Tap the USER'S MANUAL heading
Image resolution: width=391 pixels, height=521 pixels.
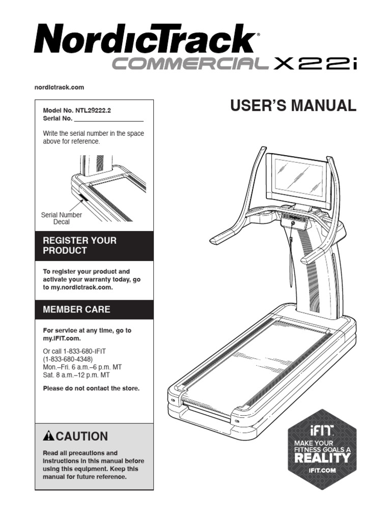[293, 106]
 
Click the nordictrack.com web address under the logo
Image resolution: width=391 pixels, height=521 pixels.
[59, 88]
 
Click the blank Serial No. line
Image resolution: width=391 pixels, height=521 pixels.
[108, 119]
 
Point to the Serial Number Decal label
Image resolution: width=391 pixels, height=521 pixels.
[61, 218]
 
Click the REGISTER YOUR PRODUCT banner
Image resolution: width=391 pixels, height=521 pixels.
[94, 246]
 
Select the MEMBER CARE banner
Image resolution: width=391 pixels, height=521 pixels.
[94, 309]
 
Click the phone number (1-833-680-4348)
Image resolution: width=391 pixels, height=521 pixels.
[68, 359]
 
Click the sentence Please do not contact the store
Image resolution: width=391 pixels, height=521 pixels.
[91, 388]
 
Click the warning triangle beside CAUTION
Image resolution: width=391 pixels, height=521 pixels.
[48, 437]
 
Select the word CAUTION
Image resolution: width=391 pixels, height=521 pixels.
[82, 437]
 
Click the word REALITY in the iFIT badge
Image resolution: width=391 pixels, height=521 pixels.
[322, 458]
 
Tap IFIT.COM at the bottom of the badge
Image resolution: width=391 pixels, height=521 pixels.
[322, 471]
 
